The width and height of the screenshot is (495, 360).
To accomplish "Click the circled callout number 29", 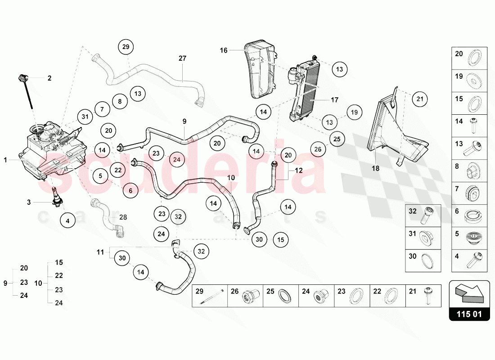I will [x=126, y=47].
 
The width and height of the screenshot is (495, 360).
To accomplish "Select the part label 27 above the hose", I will [x=182, y=58].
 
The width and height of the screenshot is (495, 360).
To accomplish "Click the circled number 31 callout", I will [x=84, y=117].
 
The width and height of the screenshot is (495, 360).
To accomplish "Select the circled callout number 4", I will [x=67, y=221].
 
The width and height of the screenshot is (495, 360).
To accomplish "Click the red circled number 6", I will [x=130, y=191].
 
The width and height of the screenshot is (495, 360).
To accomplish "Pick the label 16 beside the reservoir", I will [x=224, y=50].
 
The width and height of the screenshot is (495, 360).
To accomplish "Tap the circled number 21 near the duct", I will [x=419, y=99].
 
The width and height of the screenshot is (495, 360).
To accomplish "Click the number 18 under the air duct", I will [x=375, y=168].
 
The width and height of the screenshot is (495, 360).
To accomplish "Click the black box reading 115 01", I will [x=469, y=314].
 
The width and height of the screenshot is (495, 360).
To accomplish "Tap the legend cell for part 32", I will [x=423, y=216].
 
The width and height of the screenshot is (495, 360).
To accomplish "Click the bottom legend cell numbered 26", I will [x=245, y=296].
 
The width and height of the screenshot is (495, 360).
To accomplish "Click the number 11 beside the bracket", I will [x=100, y=252].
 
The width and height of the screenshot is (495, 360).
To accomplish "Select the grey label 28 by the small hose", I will [x=123, y=217].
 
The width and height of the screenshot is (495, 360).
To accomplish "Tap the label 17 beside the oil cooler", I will [x=334, y=100].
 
